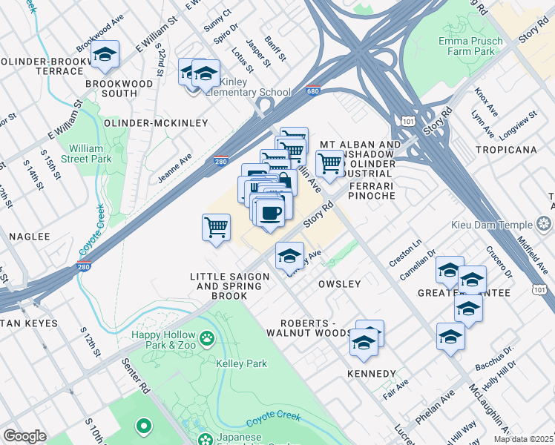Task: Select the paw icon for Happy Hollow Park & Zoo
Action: [x=207, y=339]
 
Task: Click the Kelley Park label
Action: [x=241, y=364]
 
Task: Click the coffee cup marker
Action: [x=271, y=211]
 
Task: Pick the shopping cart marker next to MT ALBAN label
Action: [x=329, y=162]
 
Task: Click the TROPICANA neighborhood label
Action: [x=511, y=150]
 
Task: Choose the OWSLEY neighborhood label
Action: [x=339, y=284]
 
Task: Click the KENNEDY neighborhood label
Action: [x=371, y=373]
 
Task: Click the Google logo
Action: [x=24, y=436]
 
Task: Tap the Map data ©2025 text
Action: [x=523, y=439]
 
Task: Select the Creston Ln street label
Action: [x=405, y=253]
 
